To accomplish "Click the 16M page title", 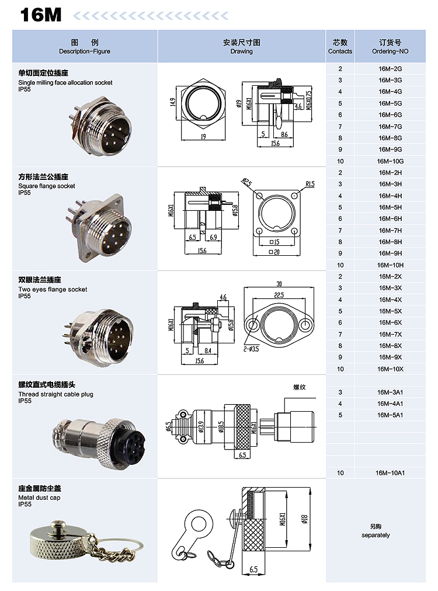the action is pos(41,15).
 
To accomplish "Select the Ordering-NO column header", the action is pos(390,51).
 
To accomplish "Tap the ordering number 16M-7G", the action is pos(390,127).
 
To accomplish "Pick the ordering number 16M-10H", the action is pos(390,265).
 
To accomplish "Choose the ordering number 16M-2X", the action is pos(390,277).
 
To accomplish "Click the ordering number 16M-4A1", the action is pos(390,404).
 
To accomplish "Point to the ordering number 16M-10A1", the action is pos(390,472).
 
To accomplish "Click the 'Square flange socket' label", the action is pos(47,186).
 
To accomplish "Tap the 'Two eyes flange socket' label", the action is pos(53,290).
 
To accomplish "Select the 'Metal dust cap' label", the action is pos(39,498).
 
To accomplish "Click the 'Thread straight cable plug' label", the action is pos(56,394).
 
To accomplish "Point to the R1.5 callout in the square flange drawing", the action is pos(310,184).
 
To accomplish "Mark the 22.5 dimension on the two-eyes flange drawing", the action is pos(279,295).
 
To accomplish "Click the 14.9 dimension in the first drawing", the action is pos(173,102).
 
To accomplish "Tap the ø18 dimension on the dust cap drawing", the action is pos(305,519).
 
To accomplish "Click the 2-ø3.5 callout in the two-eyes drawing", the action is pos(251,349).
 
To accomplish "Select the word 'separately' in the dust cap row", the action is pos(376,535).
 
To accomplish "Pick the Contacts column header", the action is pos(340,51).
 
